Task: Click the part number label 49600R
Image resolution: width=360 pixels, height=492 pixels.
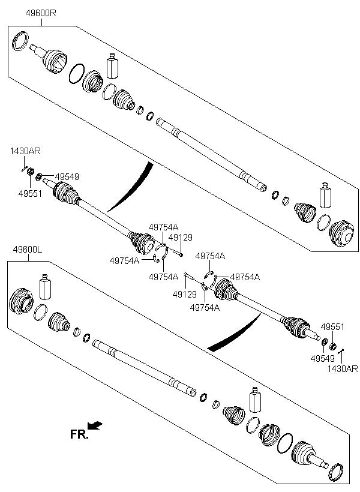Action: point(41,13)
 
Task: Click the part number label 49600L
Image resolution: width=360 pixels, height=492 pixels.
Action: point(28,250)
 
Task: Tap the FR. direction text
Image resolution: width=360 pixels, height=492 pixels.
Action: point(79,434)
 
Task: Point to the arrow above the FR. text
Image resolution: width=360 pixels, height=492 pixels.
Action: point(95,425)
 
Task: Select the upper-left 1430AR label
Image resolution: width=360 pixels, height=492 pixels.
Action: point(25,151)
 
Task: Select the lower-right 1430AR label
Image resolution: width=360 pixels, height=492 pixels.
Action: point(343,368)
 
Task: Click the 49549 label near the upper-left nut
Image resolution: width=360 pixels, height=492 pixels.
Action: point(67,176)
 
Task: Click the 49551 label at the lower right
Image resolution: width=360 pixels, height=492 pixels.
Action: point(332,327)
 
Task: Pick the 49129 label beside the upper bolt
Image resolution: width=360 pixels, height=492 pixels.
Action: point(181,237)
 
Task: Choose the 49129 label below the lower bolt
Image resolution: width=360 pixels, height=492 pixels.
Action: point(185,295)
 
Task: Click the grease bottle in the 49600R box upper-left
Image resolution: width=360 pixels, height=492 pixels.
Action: point(112,66)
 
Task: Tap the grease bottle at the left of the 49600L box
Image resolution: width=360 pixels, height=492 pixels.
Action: point(45,287)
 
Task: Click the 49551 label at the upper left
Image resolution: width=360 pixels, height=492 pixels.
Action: point(30,194)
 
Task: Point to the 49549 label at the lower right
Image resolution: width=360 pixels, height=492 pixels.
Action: point(323,358)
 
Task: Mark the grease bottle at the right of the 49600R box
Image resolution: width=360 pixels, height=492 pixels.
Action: point(325,195)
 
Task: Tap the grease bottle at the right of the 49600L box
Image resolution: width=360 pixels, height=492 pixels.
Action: point(255,400)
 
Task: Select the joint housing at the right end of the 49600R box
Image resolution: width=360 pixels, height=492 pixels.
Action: point(342,233)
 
